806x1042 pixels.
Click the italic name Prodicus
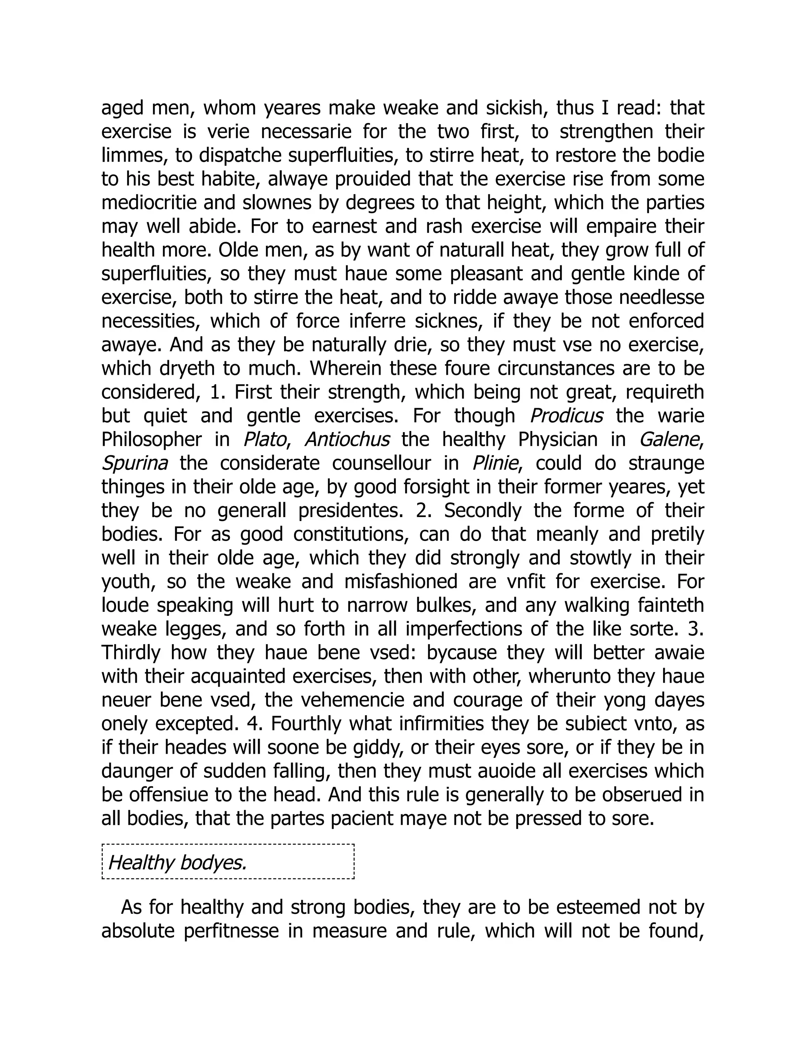566,416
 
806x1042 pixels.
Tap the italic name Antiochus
347,440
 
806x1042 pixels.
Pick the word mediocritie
149,203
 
